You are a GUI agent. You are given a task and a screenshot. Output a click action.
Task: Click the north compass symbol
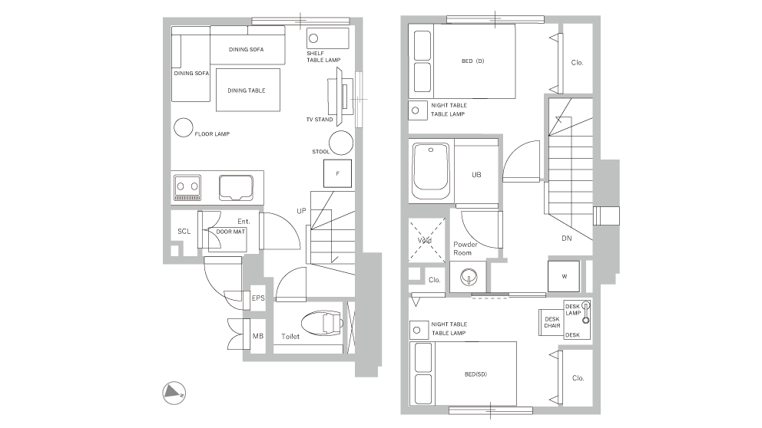pos(174,393)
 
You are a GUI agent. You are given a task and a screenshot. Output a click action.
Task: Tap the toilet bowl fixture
pos(321,323)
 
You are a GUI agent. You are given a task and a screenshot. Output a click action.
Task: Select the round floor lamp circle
pos(184,127)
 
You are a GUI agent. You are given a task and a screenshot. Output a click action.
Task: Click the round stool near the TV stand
pos(340,143)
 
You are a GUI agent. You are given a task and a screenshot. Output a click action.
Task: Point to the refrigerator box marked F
pos(338,173)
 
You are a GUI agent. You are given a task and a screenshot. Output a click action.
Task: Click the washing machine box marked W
pos(564,276)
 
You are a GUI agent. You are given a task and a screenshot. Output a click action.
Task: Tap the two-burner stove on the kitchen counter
pos(187,187)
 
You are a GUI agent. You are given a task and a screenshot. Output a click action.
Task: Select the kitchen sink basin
pos(236,188)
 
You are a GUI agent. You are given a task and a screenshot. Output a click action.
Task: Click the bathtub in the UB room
pos(431,171)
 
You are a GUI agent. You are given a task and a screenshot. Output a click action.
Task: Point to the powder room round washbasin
pos(469,278)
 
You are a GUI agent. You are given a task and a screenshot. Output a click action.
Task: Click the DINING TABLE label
pos(247,91)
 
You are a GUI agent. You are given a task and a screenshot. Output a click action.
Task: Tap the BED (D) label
pos(473,61)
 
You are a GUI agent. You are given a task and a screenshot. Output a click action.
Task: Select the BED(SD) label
pos(475,374)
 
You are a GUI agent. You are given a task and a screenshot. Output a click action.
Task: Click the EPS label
pos(258,298)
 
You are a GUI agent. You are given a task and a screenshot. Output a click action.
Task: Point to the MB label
pos(258,336)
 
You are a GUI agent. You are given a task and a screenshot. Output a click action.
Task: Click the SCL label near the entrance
pos(184,232)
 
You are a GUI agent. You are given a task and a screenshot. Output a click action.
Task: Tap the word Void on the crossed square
pos(424,240)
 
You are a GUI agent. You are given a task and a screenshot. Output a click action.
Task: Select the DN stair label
pos(567,239)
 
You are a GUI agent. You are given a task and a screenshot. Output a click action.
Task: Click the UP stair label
pos(301,211)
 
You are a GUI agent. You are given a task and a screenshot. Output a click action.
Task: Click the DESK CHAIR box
pos(552,322)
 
